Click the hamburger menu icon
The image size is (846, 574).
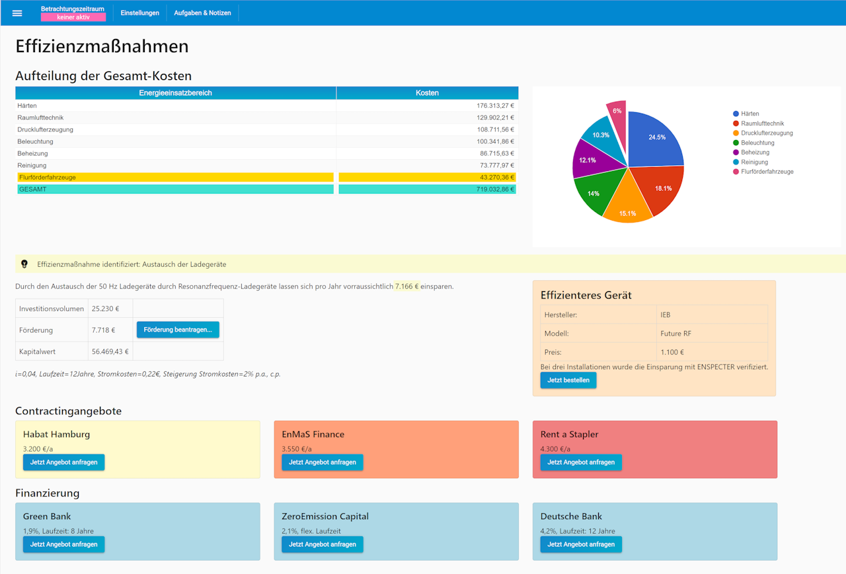(17, 13)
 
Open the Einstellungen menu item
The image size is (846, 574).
(139, 13)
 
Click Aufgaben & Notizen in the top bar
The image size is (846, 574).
(202, 13)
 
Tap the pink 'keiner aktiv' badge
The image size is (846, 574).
(73, 17)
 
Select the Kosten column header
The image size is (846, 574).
(427, 93)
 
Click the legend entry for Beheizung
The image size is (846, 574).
(754, 153)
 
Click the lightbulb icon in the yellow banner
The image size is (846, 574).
(24, 264)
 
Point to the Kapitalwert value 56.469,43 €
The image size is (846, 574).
(110, 351)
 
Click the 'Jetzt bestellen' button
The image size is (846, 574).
(568, 380)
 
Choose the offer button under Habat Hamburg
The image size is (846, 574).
(63, 462)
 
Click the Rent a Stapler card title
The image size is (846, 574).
(570, 435)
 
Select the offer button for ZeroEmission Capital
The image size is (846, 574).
(323, 544)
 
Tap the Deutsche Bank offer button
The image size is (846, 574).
(581, 544)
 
